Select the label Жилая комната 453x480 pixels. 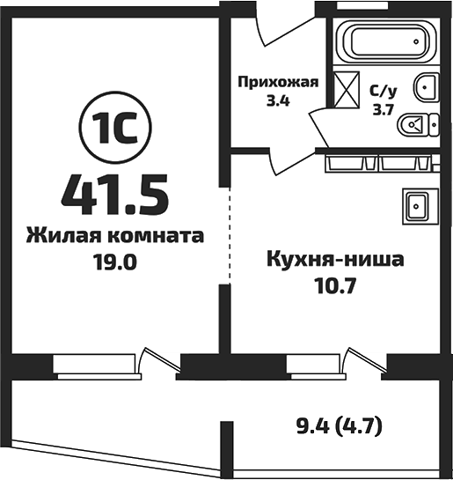point(115,236)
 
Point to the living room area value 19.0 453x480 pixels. point(115,262)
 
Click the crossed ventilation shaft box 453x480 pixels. point(346,90)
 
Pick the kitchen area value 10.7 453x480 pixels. point(335,286)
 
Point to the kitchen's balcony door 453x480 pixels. point(364,360)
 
